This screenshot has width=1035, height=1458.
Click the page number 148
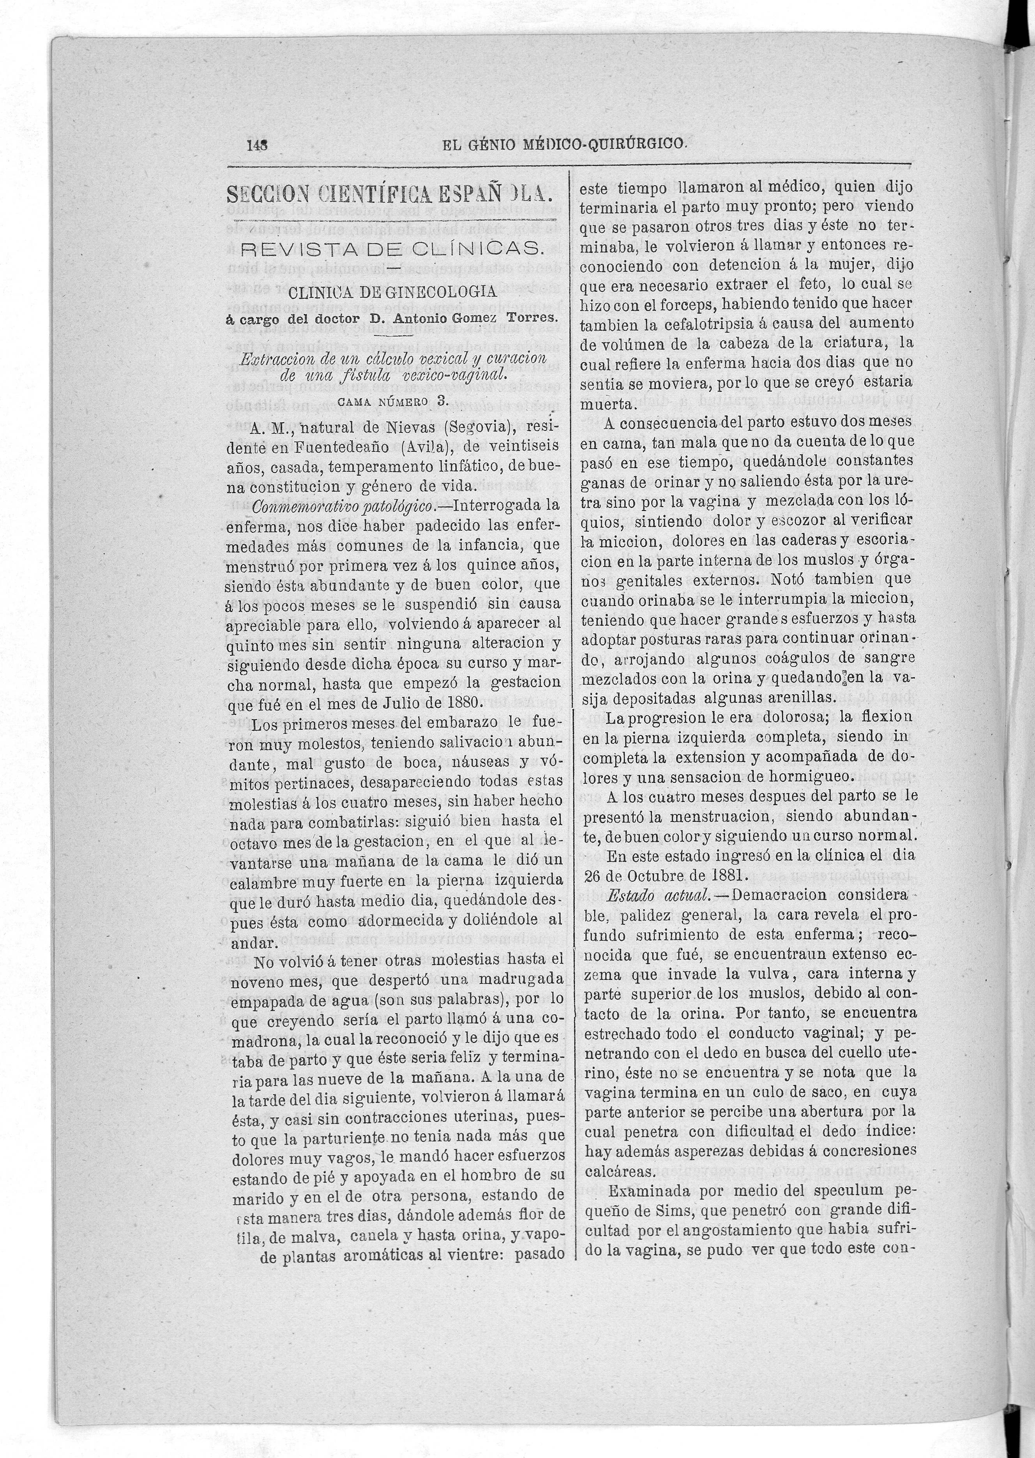[256, 145]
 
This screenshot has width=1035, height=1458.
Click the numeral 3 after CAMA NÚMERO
[440, 401]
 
